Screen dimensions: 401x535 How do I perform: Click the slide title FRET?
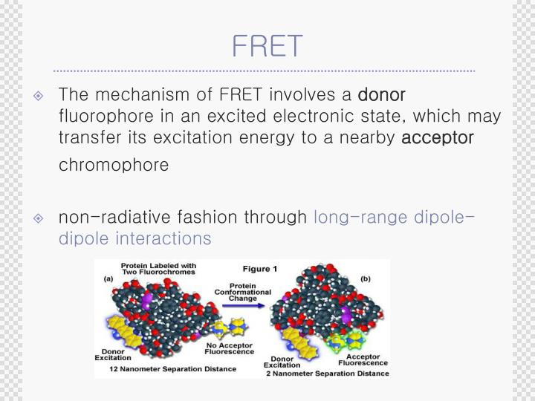tap(267, 45)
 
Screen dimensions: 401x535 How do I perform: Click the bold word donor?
tap(381, 95)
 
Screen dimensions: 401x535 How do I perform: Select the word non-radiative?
tap(106, 217)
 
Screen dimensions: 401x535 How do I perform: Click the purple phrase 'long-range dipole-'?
tap(394, 217)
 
